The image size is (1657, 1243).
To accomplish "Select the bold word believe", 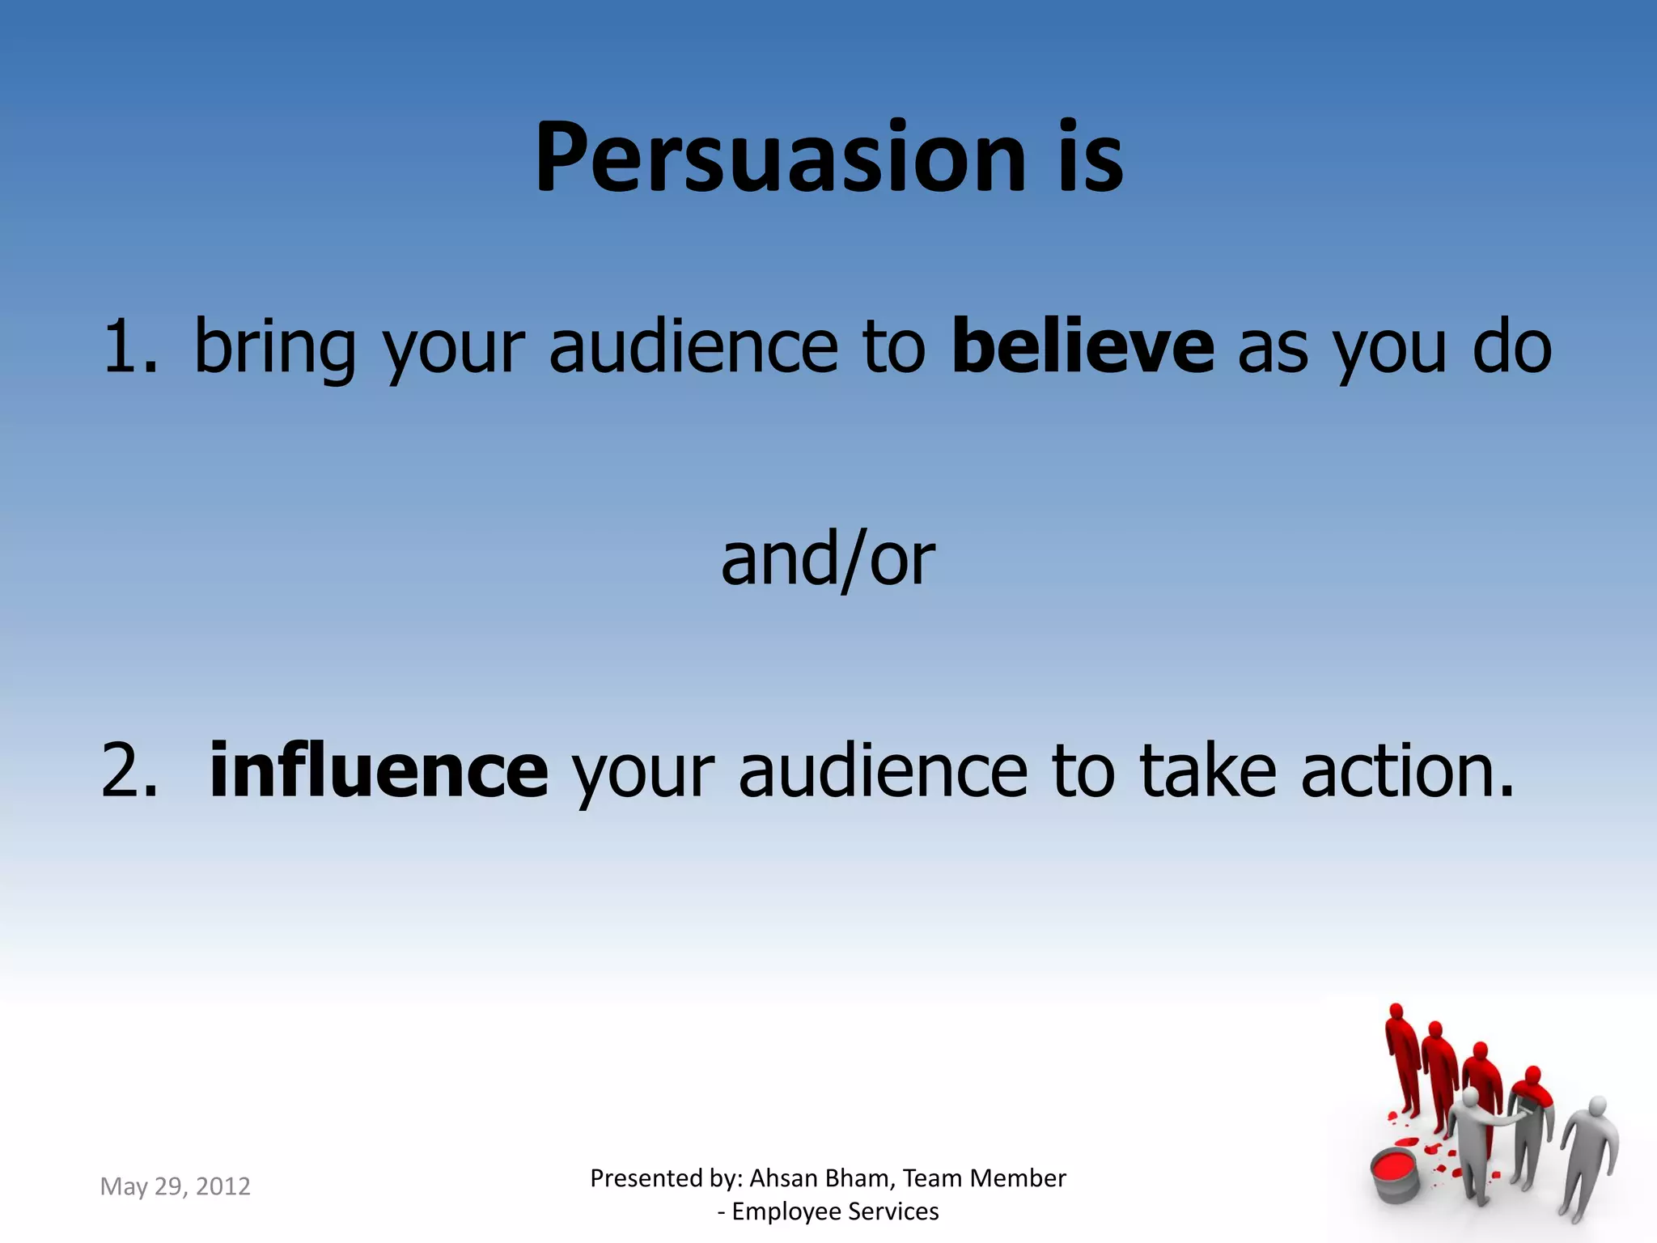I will (1083, 347).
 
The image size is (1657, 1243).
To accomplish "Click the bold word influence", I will (379, 770).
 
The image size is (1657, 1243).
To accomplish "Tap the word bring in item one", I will (274, 347).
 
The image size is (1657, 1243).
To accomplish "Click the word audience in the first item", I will (693, 347).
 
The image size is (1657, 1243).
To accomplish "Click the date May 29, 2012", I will (175, 1186).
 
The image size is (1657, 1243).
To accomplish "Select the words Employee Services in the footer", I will (835, 1211).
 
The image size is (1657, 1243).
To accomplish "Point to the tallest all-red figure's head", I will (1395, 1013).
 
